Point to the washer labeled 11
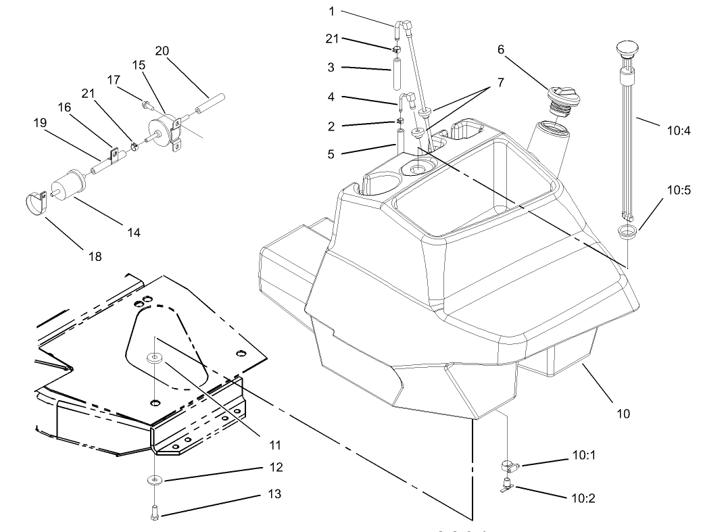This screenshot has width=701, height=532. click(156, 356)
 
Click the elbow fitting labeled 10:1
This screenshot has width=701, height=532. click(508, 465)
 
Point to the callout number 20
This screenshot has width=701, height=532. click(162, 51)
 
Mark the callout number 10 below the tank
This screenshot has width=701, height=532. click(623, 413)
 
